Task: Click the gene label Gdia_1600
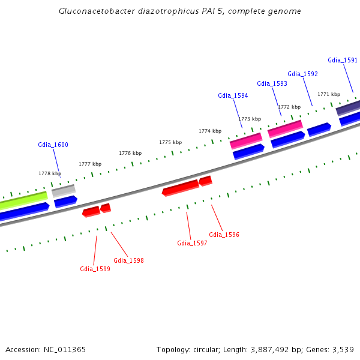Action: coord(53,145)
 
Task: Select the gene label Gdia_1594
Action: coord(233,95)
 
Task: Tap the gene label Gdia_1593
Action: coord(272,83)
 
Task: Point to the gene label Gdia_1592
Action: coord(302,74)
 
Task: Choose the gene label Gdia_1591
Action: coord(343,60)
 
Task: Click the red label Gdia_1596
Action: coord(224,235)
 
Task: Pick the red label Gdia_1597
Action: coord(192,243)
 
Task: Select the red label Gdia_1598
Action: coord(128,260)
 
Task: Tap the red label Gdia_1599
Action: coord(95,269)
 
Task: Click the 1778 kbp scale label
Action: coord(50,173)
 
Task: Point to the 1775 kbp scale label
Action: coord(170,142)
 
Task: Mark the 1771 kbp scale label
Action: coord(329,94)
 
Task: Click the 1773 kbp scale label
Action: coord(250,119)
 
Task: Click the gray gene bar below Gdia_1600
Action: coord(63,191)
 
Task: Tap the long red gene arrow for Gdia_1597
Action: coord(180,188)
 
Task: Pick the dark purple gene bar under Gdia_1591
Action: coord(348,108)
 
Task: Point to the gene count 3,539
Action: coord(341,349)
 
